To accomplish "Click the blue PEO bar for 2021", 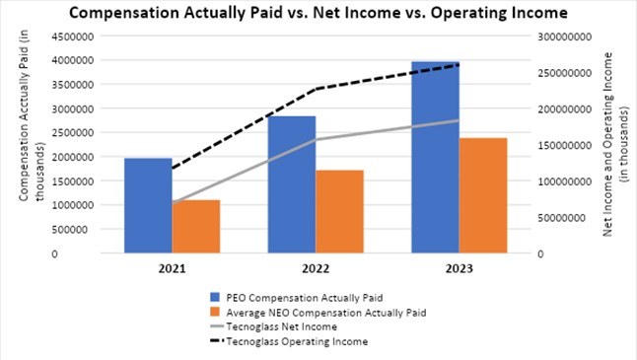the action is pyautogui.click(x=148, y=205).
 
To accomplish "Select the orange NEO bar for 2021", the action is pyautogui.click(x=196, y=227).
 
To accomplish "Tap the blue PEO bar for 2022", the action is pyautogui.click(x=292, y=184).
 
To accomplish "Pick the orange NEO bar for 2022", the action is pyautogui.click(x=339, y=212).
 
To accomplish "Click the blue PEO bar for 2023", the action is pyautogui.click(x=436, y=157).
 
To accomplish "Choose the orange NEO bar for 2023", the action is pyautogui.click(x=483, y=195).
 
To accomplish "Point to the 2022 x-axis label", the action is pyautogui.click(x=316, y=268).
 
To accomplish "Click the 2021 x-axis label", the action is pyautogui.click(x=173, y=268).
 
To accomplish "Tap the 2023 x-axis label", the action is pyautogui.click(x=460, y=268).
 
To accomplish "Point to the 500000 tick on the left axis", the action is pyautogui.click(x=76, y=230).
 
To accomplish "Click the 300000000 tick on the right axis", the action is pyautogui.click(x=565, y=36).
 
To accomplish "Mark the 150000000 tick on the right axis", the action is pyautogui.click(x=565, y=145).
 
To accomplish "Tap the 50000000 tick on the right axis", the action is pyautogui.click(x=562, y=218).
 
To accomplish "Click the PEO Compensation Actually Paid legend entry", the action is pyautogui.click(x=296, y=298).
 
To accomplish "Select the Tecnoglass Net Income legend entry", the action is pyautogui.click(x=273, y=326).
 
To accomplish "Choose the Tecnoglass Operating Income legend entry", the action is pyautogui.click(x=289, y=341).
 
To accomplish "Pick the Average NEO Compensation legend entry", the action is pyautogui.click(x=318, y=313).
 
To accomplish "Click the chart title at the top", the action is pyautogui.click(x=318, y=13).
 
